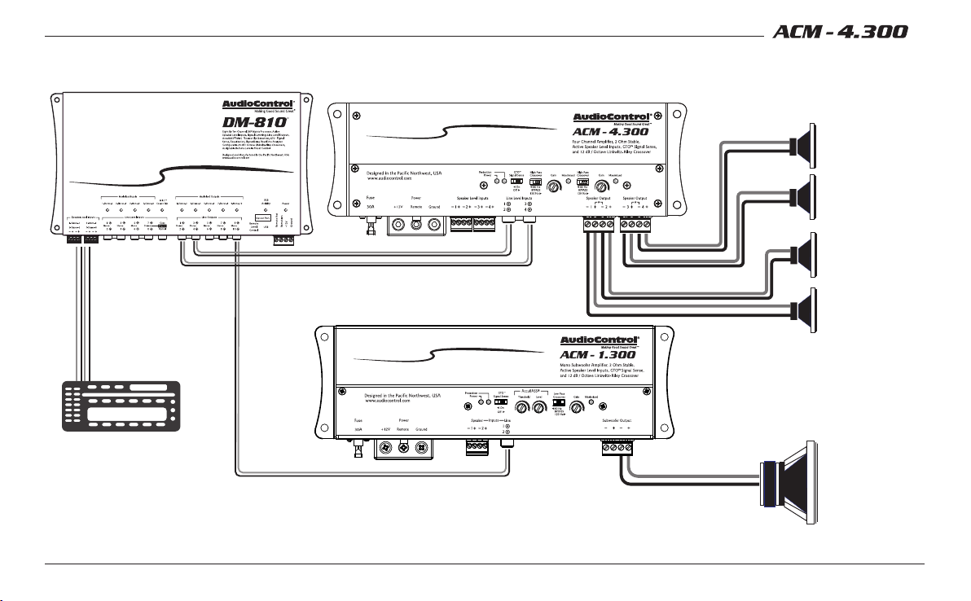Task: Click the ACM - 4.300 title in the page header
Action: coord(850,33)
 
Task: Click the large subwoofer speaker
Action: coord(789,480)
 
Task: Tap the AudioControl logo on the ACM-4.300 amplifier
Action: coord(611,118)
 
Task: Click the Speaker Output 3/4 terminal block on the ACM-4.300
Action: coord(637,224)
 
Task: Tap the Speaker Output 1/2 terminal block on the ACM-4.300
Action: coord(601,224)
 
